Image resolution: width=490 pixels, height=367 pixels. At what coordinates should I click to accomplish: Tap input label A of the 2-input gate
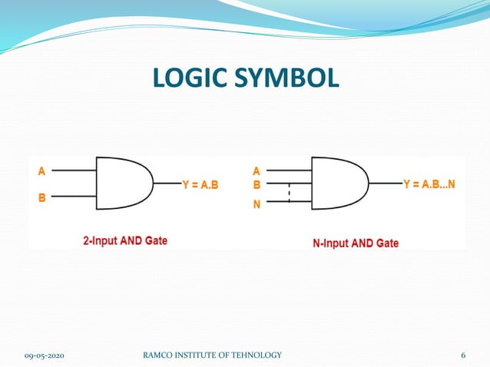pyautogui.click(x=43, y=171)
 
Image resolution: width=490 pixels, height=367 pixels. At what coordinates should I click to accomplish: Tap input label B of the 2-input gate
pyautogui.click(x=43, y=197)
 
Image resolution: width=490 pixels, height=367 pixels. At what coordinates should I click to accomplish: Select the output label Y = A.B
pyautogui.click(x=202, y=184)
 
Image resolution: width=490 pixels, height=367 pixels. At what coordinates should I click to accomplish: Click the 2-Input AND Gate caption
pyautogui.click(x=125, y=240)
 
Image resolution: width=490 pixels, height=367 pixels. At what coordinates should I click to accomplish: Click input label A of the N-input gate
pyautogui.click(x=257, y=171)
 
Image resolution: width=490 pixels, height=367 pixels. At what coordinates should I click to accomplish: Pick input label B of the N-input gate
pyautogui.click(x=257, y=184)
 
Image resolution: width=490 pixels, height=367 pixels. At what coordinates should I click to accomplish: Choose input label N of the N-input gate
pyautogui.click(x=257, y=204)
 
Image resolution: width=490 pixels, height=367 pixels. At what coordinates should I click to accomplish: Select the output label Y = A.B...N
pyautogui.click(x=429, y=184)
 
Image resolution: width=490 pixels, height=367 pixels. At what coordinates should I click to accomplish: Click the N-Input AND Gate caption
pyautogui.click(x=356, y=243)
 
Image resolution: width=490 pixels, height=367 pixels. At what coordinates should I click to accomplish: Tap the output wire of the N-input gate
pyautogui.click(x=384, y=184)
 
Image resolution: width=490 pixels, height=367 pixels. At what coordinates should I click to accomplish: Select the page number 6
pyautogui.click(x=463, y=355)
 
